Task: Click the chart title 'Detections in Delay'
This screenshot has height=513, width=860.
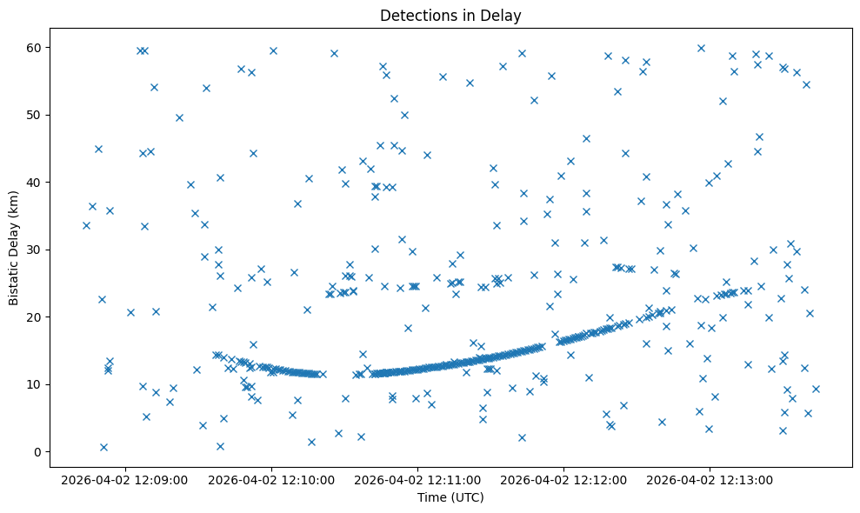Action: (450, 15)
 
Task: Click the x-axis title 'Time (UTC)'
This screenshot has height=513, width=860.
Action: (450, 497)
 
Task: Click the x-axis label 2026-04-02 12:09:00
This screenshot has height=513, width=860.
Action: (126, 479)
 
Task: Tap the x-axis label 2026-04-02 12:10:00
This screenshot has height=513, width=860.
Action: (272, 479)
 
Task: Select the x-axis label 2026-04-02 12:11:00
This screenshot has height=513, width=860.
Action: (418, 479)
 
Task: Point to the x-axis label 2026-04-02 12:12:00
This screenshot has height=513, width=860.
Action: (564, 479)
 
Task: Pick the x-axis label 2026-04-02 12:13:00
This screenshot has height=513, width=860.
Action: (710, 479)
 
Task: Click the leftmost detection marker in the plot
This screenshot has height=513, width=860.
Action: (86, 225)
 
